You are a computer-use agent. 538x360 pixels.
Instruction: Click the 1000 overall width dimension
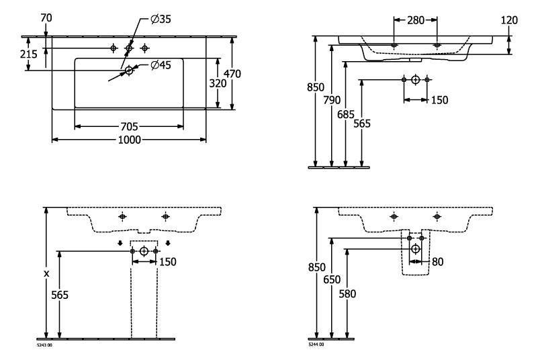click(x=129, y=140)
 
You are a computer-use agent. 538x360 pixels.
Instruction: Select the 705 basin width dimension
click(x=129, y=126)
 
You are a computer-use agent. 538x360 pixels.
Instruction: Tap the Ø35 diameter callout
click(x=161, y=19)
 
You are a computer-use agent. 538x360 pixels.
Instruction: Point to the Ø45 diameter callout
click(x=161, y=64)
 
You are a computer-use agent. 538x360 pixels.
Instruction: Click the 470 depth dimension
click(x=232, y=73)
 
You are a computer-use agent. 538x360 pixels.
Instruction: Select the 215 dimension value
click(x=28, y=54)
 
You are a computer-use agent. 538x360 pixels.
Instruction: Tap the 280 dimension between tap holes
click(x=416, y=20)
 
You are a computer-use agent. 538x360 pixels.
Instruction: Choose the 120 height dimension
click(x=509, y=20)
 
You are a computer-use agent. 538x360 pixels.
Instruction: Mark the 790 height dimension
click(x=330, y=101)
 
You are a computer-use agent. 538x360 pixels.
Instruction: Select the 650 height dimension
click(x=330, y=281)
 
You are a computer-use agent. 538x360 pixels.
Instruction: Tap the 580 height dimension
click(x=347, y=293)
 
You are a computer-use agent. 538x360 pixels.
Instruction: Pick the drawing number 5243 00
click(x=46, y=344)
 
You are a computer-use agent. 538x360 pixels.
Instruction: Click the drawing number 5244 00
click(x=316, y=344)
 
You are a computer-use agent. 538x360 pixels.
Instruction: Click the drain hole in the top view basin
click(x=128, y=69)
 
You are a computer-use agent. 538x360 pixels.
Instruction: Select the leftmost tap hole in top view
click(x=114, y=48)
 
